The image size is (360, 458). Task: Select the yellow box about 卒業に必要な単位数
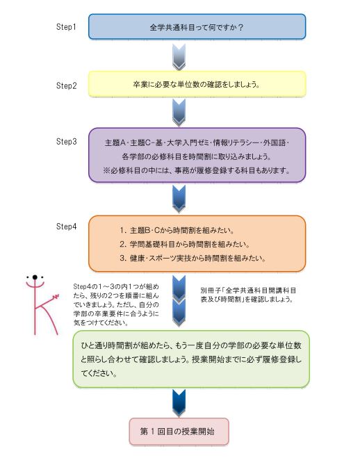coord(197,84)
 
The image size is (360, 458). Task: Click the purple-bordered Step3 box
coord(197,154)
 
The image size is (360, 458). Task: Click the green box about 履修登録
coord(191,359)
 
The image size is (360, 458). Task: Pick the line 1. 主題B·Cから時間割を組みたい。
coord(180,229)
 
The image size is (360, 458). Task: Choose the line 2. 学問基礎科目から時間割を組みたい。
coord(184,244)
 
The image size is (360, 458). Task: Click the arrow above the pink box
coord(179,402)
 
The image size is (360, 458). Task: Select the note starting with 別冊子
coord(248,293)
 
